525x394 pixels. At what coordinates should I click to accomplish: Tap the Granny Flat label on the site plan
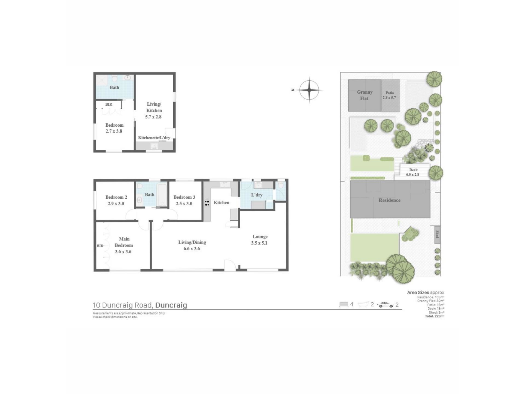pyautogui.click(x=364, y=95)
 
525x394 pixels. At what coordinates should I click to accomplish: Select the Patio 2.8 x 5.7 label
pyautogui.click(x=389, y=95)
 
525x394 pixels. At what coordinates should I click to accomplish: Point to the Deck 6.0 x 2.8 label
pyautogui.click(x=413, y=172)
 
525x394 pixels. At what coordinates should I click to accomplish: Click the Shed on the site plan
pyautogui.click(x=437, y=234)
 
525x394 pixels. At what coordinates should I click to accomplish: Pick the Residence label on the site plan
pyautogui.click(x=389, y=200)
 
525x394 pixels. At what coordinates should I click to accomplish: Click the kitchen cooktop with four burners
pyautogui.click(x=207, y=203)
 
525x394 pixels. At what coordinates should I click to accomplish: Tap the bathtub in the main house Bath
pyautogui.click(x=162, y=194)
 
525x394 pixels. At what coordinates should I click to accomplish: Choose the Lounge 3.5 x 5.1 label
pyautogui.click(x=259, y=240)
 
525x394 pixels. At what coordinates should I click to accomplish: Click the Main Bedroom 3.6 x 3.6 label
pyautogui.click(x=124, y=245)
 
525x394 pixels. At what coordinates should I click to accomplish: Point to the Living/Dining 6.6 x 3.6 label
pyautogui.click(x=192, y=245)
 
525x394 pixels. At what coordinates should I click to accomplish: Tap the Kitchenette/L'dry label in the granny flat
pyautogui.click(x=154, y=138)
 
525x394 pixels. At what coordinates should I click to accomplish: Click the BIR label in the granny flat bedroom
pyautogui.click(x=109, y=104)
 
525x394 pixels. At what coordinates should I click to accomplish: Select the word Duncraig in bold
pyautogui.click(x=171, y=305)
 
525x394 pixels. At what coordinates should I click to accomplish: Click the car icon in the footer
pyautogui.click(x=386, y=305)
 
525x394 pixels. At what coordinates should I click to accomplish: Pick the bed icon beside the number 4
pyautogui.click(x=344, y=305)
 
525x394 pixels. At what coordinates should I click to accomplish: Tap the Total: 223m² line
pyautogui.click(x=434, y=316)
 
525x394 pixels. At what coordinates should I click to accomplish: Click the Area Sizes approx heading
pyautogui.click(x=425, y=292)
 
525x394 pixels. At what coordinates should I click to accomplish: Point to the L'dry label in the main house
pyautogui.click(x=256, y=195)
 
